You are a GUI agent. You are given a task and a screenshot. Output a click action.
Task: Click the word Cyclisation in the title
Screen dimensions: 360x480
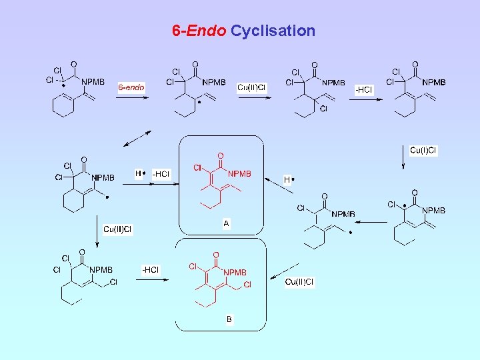pos(273,31)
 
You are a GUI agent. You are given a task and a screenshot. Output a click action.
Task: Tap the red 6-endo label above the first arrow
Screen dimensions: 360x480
pos(131,87)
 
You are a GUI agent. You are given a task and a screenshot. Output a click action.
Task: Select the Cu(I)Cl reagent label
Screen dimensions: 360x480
pos(423,150)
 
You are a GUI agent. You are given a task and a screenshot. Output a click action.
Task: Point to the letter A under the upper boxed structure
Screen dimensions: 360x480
pos(226,224)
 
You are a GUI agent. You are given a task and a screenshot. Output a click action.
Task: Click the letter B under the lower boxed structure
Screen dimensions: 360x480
pos(229,319)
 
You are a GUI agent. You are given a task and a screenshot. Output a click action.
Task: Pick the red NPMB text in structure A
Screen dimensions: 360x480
pos(239,174)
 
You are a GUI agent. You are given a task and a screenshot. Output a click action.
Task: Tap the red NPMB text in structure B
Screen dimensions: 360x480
pos(235,273)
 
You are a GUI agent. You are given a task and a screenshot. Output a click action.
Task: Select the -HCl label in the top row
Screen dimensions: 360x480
pos(364,89)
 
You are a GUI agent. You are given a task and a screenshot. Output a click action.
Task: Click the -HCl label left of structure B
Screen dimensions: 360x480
pos(150,270)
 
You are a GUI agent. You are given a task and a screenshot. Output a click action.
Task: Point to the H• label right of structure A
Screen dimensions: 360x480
pos(289,179)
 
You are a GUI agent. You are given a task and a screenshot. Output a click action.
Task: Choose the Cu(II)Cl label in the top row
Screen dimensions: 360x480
pos(252,87)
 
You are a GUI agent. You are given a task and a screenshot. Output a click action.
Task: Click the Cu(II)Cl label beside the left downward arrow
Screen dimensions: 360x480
pos(117,229)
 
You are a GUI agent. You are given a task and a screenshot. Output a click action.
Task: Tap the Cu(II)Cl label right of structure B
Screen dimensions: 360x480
pos(299,282)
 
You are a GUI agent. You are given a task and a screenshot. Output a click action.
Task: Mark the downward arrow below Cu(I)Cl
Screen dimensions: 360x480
pos(403,162)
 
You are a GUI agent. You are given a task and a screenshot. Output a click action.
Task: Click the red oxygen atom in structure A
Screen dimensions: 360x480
pos(221,156)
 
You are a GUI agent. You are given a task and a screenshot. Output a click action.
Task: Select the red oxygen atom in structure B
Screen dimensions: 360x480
pos(216,255)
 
